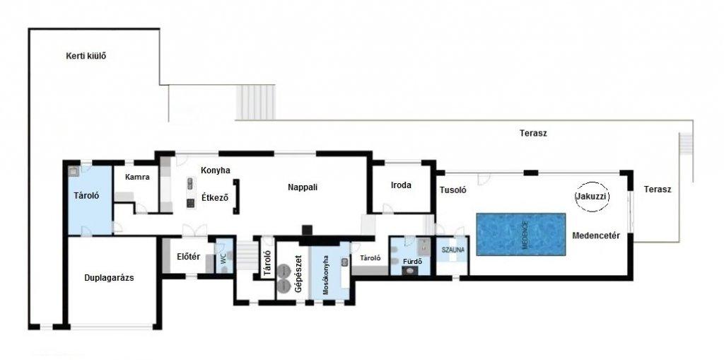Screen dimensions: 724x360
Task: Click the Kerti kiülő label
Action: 86,57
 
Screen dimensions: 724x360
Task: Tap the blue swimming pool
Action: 521,234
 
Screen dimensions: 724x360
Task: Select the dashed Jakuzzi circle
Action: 592,197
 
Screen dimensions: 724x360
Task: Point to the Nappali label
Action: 303,187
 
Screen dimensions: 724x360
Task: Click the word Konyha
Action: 215,170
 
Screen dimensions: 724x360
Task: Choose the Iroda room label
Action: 401,185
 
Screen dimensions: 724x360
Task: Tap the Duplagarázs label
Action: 110,278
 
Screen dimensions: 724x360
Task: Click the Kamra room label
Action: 137,177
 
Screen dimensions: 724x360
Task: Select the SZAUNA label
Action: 452,250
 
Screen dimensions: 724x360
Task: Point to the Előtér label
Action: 188,257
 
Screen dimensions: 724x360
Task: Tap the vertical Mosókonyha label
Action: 325,275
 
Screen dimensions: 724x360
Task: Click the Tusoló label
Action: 453,190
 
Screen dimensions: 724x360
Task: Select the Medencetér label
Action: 596,236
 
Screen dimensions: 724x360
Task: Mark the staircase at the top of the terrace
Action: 256,102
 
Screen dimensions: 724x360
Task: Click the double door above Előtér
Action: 194,230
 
